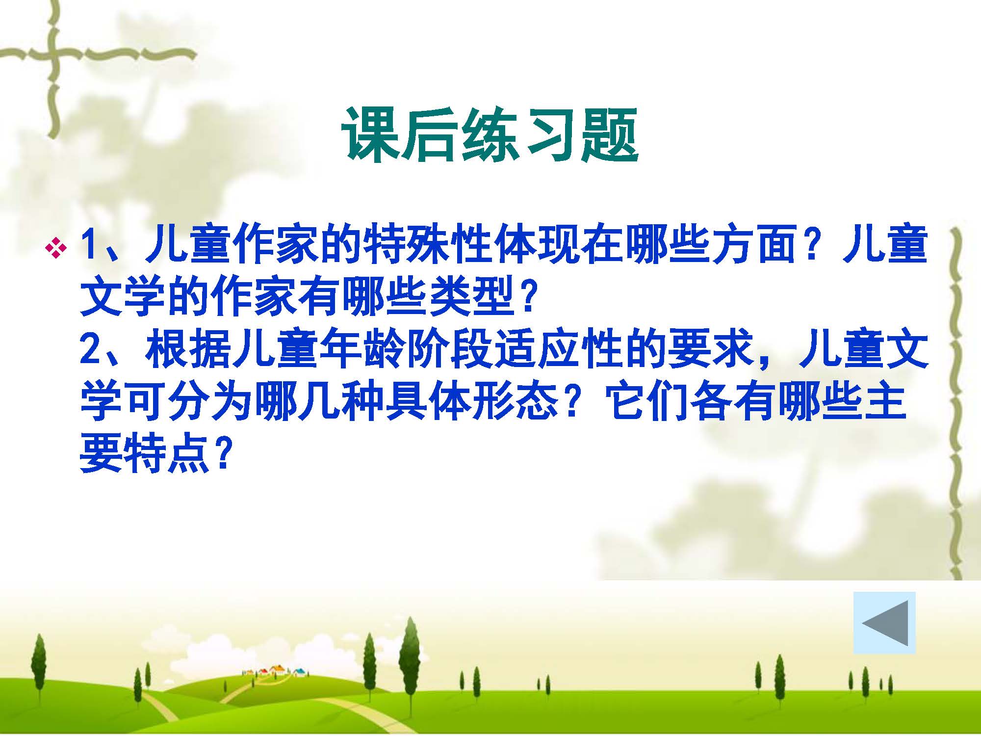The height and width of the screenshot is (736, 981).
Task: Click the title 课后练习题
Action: click(x=490, y=135)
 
